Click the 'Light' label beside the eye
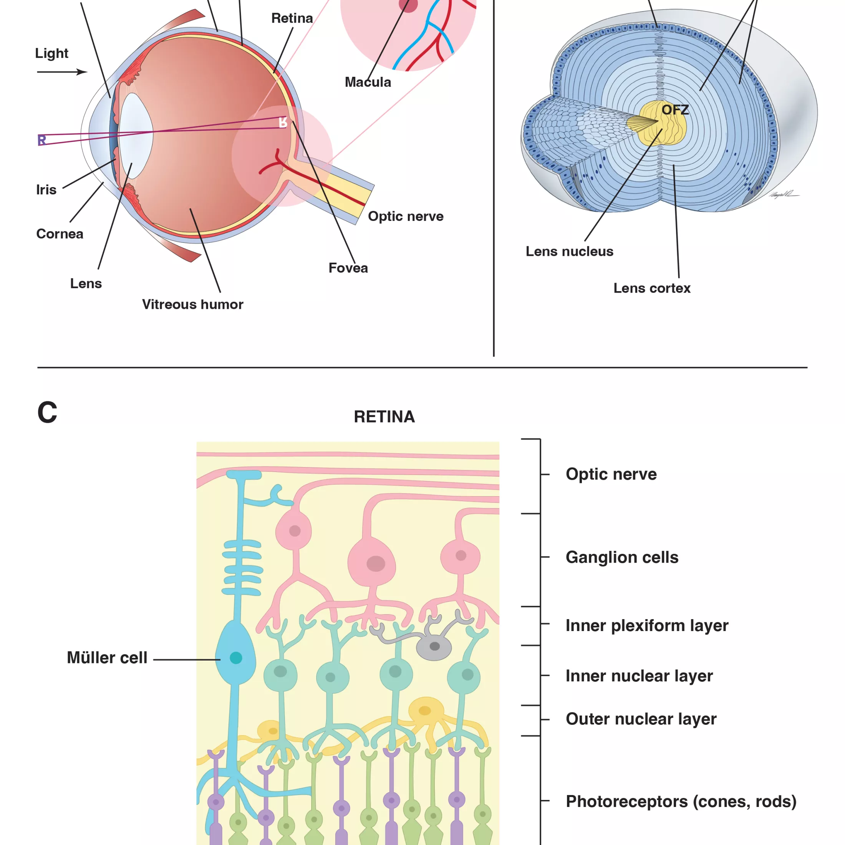point(51,53)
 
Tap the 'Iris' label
point(46,190)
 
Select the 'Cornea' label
point(60,234)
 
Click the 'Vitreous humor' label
point(192,305)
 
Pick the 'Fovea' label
point(348,268)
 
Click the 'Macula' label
point(368,82)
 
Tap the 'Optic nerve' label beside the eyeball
point(406,216)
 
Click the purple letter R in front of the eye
point(41,140)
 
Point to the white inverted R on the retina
point(283,123)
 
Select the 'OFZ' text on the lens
point(675,110)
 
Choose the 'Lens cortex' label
point(652,288)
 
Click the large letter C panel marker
point(47,412)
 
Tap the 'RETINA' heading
point(384,417)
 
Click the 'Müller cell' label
point(107,658)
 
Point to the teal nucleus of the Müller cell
point(236,658)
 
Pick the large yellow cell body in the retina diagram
point(425,710)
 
